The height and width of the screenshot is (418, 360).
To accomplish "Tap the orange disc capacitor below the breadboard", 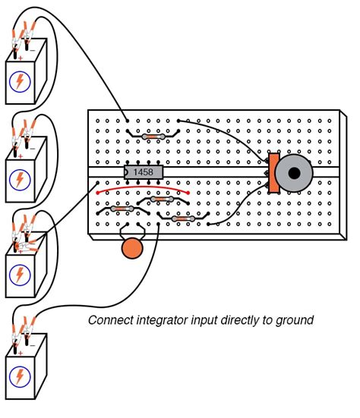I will tap(133, 249).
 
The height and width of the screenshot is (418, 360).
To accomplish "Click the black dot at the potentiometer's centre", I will tap(294, 174).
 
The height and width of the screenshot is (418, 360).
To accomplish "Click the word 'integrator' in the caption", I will tap(160, 321).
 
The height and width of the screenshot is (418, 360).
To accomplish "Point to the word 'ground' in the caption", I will tap(293, 321).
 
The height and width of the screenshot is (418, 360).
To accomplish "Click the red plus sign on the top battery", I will tap(20, 58).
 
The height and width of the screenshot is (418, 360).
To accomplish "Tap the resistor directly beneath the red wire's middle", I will tap(160, 200).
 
